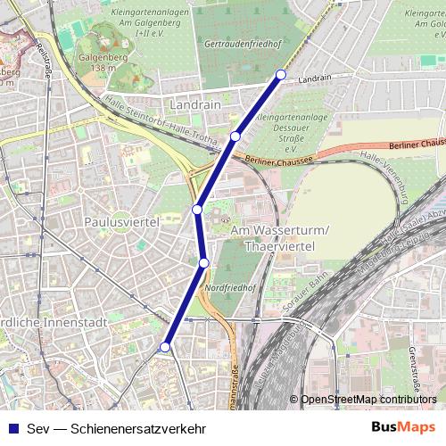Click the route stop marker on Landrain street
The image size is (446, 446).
(281, 74)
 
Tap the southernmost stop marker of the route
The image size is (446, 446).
(164, 347)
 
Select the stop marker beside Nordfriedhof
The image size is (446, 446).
(204, 262)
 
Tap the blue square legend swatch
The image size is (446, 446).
(12, 427)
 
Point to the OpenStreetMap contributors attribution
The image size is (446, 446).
(368, 400)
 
